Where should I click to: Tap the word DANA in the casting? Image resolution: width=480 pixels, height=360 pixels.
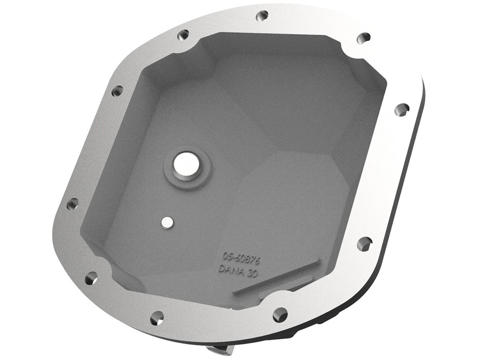[231, 268]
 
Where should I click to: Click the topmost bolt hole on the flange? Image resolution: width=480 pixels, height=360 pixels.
[262, 16]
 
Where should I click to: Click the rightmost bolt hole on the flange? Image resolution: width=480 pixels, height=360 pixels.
[401, 109]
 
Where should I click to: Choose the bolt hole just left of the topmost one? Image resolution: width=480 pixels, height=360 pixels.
[183, 35]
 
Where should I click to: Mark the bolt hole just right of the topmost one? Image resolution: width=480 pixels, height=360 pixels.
[363, 38]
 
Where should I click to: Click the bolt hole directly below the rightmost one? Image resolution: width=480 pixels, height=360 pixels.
[364, 243]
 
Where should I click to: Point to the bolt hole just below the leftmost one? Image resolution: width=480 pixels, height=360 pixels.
[91, 278]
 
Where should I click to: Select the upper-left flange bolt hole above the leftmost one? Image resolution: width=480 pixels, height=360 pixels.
[117, 91]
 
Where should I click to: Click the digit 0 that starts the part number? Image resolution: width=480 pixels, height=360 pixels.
[225, 255]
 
